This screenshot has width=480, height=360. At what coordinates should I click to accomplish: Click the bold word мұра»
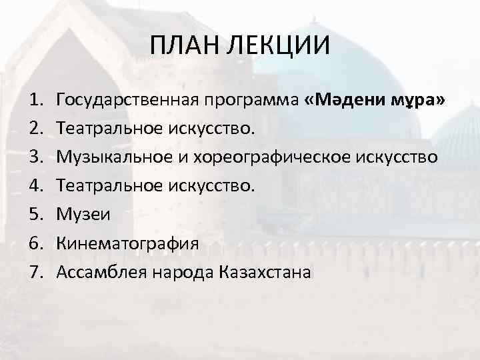click(418, 100)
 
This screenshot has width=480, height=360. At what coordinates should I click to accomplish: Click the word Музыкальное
click(112, 157)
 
